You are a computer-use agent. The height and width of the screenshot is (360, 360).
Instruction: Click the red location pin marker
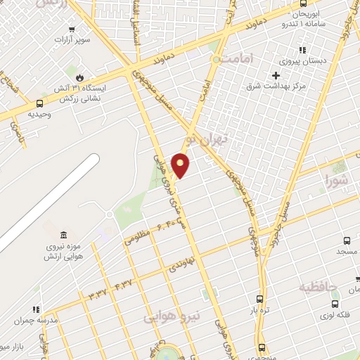(181, 165)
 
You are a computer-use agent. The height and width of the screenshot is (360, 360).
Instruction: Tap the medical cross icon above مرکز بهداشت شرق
(276, 75)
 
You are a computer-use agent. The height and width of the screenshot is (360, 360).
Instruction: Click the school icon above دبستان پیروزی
(302, 50)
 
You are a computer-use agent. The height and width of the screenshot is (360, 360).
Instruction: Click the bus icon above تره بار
(260, 298)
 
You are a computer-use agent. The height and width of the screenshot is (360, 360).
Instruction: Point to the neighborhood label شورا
(336, 181)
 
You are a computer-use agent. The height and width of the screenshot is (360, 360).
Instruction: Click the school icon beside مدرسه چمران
(34, 309)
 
